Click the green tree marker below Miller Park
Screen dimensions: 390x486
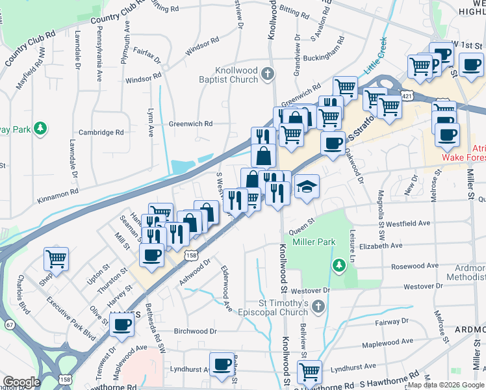coord(338,265)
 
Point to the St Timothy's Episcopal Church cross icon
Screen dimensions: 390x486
coord(318,305)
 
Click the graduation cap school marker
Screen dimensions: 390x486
coord(307,188)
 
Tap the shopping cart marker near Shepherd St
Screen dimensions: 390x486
coord(57,259)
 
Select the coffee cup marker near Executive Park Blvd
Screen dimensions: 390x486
coord(122,327)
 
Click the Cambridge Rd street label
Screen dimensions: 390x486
coord(101,132)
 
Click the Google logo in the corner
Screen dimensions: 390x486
coord(21,382)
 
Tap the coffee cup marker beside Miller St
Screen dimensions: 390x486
coord(472,65)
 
